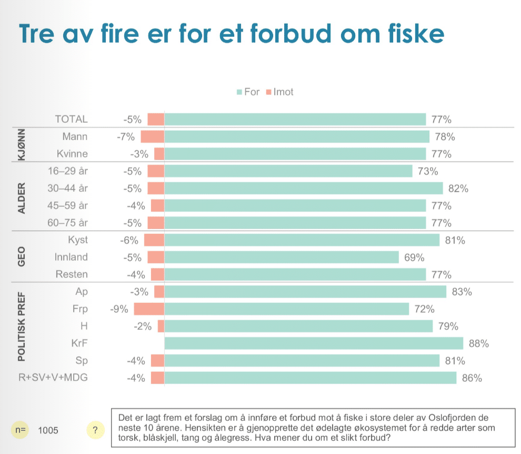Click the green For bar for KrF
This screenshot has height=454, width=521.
pos(314,344)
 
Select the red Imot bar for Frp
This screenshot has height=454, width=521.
pos(149,309)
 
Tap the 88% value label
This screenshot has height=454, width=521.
pos(479,344)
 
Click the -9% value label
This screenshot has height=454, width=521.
pos(119,309)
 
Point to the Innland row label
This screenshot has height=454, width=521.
pos(71,258)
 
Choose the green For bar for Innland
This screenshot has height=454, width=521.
pos(282,258)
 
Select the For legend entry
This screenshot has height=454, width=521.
pos(248,92)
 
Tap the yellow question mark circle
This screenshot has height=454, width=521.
pos(95,430)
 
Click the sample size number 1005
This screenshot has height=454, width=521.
pos(48,430)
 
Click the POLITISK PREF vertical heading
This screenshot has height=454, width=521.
pos(22,326)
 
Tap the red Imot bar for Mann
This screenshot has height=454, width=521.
pos(152,137)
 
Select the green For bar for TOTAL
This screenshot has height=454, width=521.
pos(295,120)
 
